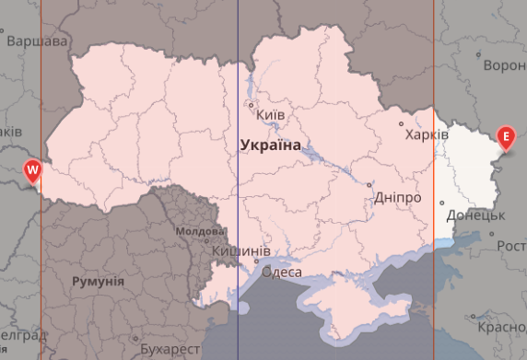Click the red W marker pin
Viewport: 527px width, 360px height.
point(33,171)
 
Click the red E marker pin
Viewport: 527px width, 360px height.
point(506,139)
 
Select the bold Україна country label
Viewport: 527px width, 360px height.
point(270,145)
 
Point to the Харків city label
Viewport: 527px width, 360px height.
point(427,134)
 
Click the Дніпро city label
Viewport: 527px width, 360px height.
point(398,198)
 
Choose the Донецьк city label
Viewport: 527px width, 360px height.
point(475,215)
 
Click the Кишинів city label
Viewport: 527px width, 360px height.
point(240,250)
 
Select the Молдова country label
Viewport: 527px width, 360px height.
point(198,231)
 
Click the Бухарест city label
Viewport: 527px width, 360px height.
point(170,350)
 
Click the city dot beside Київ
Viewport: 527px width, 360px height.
point(251,104)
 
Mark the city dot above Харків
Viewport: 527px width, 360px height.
point(400,122)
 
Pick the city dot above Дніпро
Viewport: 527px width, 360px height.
point(369,184)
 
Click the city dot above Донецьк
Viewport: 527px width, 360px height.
point(441,203)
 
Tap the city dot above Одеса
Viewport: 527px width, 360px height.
point(257,261)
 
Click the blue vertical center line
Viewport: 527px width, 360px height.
point(238,55)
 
